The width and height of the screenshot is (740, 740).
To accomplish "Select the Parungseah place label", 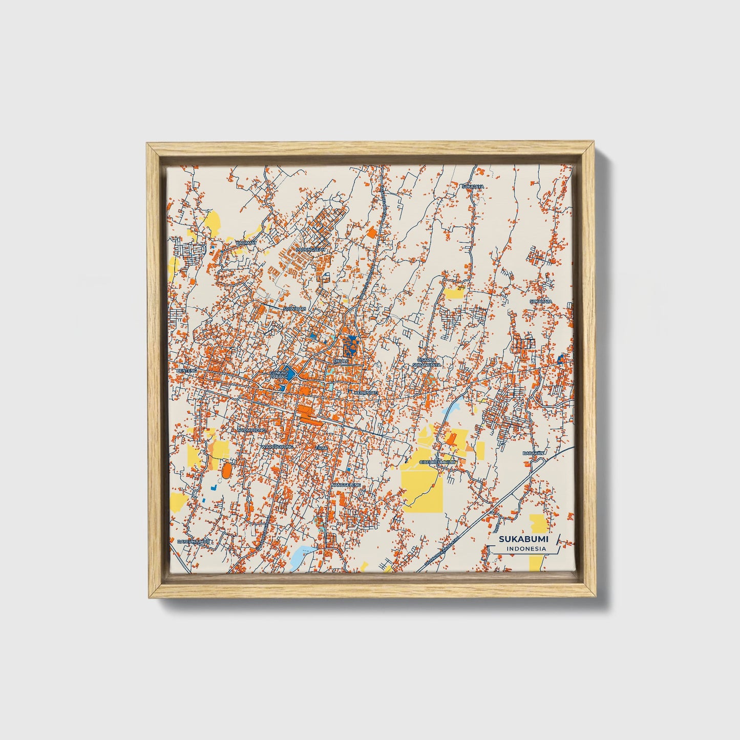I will (311, 249).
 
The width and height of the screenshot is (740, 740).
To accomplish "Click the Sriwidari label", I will (294, 309).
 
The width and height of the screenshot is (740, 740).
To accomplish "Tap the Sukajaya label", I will (472, 187).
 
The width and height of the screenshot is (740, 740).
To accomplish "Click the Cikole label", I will (341, 361).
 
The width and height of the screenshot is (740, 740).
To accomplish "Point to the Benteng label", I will (186, 370).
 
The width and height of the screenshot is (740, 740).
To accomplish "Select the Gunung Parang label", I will (280, 375).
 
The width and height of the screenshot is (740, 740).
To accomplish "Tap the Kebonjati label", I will (366, 393).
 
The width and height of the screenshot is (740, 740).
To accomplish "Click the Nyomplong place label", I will (251, 430).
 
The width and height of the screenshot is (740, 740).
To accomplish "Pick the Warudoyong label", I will (277, 447).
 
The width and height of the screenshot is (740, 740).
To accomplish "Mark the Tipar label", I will (321, 447).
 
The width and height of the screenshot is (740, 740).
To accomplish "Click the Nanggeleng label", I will (347, 484).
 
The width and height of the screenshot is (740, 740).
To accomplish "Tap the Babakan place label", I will (533, 453).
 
